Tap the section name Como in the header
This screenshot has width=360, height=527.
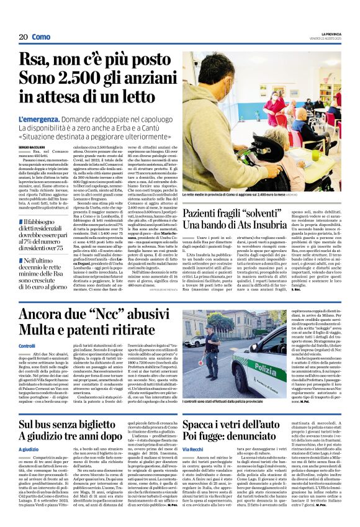(42, 37)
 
